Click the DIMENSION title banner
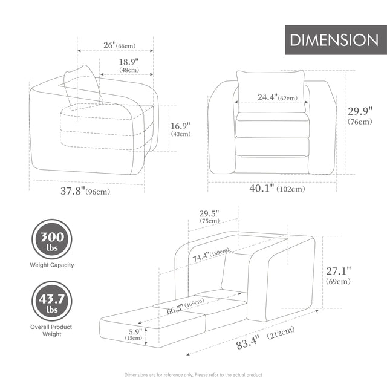[x=334, y=40]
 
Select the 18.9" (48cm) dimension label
[x=128, y=65]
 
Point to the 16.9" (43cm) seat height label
[x=180, y=129]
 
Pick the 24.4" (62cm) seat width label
[x=277, y=97]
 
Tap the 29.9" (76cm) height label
[x=362, y=115]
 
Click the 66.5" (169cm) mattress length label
[x=183, y=304]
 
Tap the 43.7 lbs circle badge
[x=51, y=301]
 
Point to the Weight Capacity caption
[x=51, y=265]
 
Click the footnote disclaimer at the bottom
[x=193, y=375]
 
